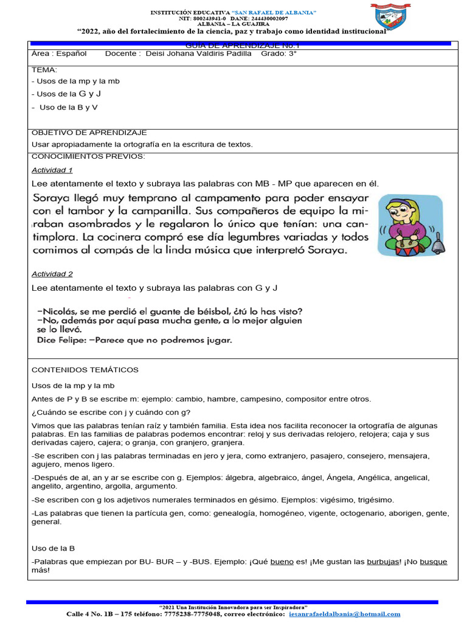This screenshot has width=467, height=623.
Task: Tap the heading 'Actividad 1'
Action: (52, 170)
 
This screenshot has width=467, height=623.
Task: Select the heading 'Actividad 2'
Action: (52, 274)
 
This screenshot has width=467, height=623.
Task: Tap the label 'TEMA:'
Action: (43, 70)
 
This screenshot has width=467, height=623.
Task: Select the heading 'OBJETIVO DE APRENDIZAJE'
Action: (89, 133)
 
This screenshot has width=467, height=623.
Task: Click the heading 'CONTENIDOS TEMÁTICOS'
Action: (85, 370)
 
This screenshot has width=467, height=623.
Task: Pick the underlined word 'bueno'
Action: (282, 562)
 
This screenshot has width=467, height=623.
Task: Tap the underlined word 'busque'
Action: (433, 562)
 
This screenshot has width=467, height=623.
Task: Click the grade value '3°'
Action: (292, 54)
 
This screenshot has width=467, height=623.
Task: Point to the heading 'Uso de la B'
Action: (53, 548)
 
